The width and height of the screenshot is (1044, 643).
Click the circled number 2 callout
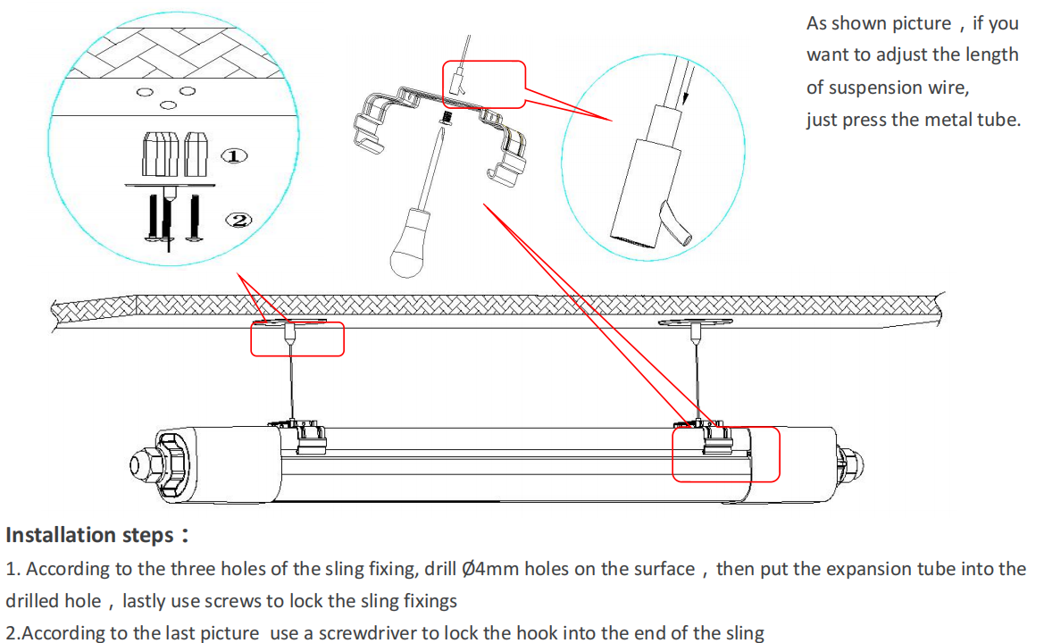tap(239, 220)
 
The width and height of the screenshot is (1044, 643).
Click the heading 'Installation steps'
tap(89, 535)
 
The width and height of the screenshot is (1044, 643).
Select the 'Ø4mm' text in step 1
tap(491, 569)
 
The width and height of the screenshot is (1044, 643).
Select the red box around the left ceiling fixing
tap(296, 339)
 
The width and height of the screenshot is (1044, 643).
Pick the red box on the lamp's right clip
tap(725, 455)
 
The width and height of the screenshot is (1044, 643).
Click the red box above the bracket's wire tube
tap(484, 84)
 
